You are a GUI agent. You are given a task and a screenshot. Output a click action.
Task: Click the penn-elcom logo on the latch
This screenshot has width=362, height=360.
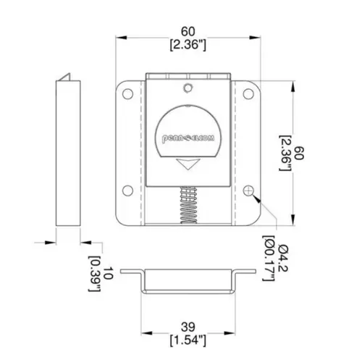[x=188, y=138]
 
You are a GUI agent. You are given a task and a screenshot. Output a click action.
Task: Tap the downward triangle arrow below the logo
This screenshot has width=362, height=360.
[x=188, y=164]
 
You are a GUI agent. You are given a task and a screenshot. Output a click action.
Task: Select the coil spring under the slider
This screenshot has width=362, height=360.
[x=188, y=205]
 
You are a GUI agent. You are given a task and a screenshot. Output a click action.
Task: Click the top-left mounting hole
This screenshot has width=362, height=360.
[x=127, y=93]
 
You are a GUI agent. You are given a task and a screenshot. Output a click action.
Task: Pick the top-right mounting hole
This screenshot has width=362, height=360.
[x=248, y=93]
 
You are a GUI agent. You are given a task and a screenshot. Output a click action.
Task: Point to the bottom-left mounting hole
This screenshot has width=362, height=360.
[x=127, y=191]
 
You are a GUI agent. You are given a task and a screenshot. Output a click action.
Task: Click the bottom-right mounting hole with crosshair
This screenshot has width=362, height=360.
[x=248, y=191]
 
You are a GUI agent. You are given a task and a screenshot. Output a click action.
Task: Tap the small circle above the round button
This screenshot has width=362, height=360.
[x=188, y=88]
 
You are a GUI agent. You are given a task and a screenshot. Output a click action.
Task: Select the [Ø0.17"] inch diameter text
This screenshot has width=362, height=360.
[x=269, y=259]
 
